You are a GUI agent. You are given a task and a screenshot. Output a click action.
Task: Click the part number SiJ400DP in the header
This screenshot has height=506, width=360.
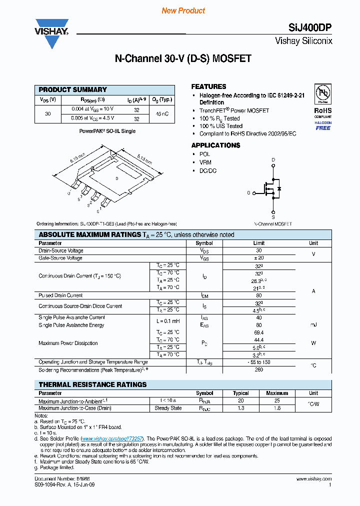309,29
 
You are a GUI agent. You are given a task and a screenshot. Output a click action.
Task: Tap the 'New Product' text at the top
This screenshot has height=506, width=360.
183,10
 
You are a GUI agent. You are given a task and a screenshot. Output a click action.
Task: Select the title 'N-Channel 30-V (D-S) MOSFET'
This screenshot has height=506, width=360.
183,59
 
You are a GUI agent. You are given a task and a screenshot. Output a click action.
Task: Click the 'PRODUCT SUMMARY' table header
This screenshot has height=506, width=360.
73,90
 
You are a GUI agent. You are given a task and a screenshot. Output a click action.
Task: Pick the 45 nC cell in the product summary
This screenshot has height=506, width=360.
161,114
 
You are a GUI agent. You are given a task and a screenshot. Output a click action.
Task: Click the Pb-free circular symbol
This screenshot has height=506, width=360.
322,94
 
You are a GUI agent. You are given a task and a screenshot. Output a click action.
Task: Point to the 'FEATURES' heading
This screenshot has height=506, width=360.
208,86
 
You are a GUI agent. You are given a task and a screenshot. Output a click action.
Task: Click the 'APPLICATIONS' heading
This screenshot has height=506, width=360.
215,145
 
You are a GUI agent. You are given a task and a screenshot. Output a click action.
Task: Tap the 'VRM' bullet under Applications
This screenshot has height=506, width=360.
205,162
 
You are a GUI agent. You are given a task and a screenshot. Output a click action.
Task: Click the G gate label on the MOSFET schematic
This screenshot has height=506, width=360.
248,192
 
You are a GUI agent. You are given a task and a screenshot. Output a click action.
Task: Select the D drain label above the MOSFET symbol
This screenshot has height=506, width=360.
273,160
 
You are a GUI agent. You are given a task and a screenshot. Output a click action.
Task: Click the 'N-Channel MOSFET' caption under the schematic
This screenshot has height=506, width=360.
273,224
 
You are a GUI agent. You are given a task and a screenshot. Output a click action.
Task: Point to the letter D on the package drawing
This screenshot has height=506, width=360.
116,178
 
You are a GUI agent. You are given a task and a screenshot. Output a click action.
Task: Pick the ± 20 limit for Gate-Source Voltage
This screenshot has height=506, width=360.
258,258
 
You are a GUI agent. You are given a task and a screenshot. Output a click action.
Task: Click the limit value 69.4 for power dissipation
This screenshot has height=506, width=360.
258,332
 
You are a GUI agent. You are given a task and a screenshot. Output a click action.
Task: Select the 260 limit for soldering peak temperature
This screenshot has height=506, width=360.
258,370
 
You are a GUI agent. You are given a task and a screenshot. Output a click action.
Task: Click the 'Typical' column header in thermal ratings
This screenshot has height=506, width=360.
240,393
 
